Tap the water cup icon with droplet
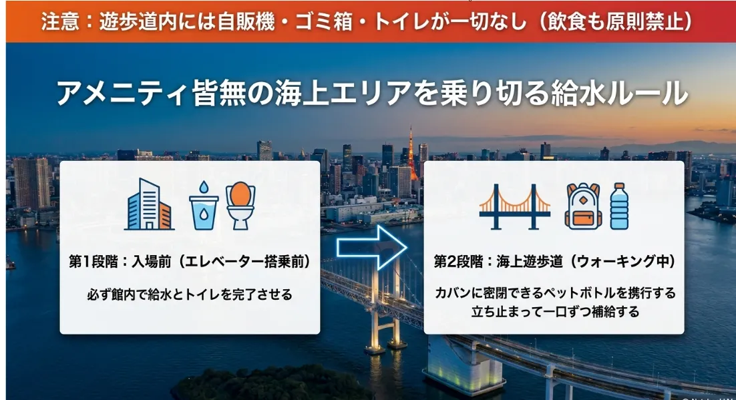click(204, 206)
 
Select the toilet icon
click(241, 206)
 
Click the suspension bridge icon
click(515, 206)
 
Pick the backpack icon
click(583, 206)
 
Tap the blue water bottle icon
click(620, 206)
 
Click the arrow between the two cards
click(372, 247)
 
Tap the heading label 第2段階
click(457, 262)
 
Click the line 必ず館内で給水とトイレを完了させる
click(190, 294)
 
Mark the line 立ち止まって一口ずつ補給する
click(555, 311)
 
